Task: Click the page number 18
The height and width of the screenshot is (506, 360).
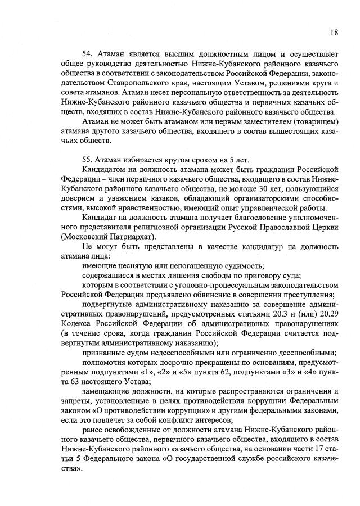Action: click(334, 33)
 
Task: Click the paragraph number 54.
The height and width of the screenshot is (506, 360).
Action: click(88, 54)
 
